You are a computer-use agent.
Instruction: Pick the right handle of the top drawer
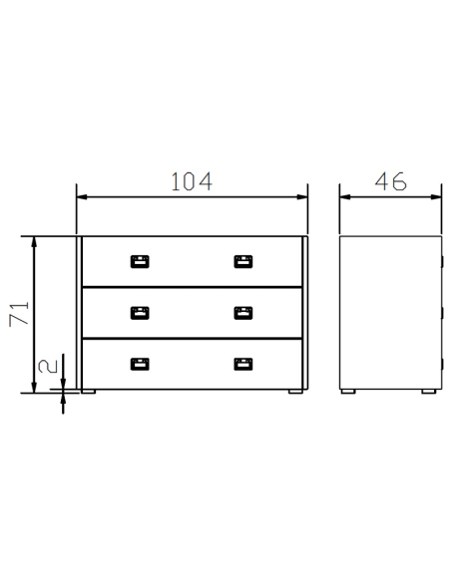pyautogui.click(x=243, y=262)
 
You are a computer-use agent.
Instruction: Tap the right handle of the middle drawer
pyautogui.click(x=243, y=313)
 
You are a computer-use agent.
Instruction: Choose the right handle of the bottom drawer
pyautogui.click(x=243, y=364)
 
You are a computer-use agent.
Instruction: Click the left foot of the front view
pyautogui.click(x=89, y=392)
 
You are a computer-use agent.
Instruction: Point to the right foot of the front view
pyautogui.click(x=296, y=392)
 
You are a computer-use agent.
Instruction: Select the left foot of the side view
pyautogui.click(x=349, y=392)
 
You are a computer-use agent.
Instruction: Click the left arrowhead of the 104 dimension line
pyautogui.click(x=82, y=196)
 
